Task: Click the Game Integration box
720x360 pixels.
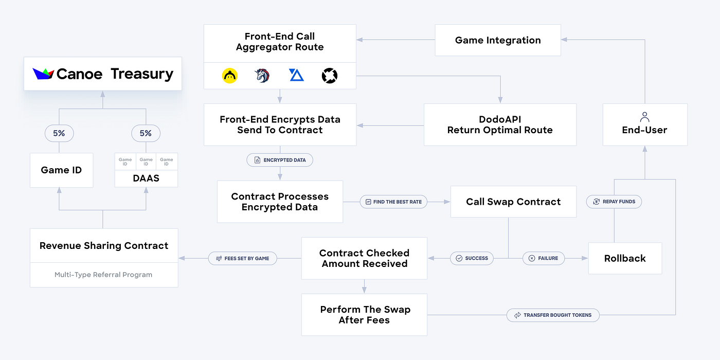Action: [x=498, y=40]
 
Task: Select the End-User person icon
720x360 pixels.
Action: [x=644, y=117]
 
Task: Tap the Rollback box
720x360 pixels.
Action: [x=625, y=258]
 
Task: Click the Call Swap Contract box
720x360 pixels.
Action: [x=513, y=202]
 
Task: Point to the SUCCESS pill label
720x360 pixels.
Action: [x=472, y=258]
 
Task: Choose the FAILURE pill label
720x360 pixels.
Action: [x=543, y=258]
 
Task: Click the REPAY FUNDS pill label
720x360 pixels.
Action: [x=614, y=202]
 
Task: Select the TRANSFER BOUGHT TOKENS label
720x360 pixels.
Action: [x=553, y=315]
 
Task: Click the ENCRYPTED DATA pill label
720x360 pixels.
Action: [x=280, y=160]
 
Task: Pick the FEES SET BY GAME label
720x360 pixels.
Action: [x=242, y=258]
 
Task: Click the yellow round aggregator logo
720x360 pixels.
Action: [x=230, y=76]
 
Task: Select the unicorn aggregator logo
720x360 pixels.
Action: [x=262, y=76]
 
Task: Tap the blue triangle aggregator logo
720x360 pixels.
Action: [x=296, y=76]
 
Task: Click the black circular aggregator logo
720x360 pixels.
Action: [x=329, y=76]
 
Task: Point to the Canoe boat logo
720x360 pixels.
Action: [x=43, y=74]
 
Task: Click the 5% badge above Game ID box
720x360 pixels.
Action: [x=59, y=133]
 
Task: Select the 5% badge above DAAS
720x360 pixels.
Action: [x=146, y=133]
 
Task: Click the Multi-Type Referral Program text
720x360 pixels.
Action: [x=103, y=275]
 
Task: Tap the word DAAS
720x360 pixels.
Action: [x=146, y=178]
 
